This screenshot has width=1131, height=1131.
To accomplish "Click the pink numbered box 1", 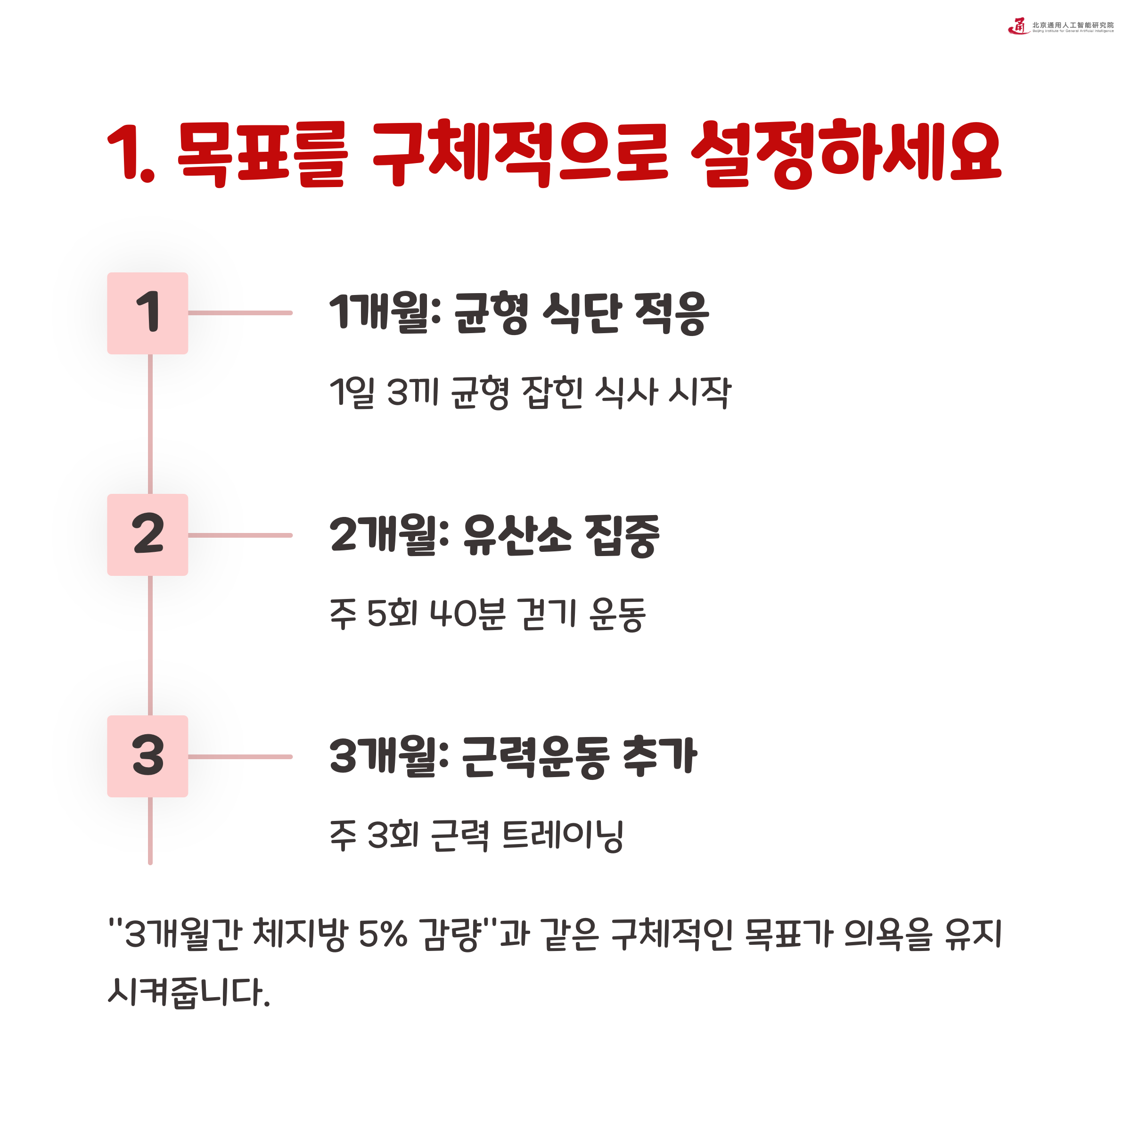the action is [x=148, y=313].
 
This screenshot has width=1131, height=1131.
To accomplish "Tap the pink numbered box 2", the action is [x=148, y=534].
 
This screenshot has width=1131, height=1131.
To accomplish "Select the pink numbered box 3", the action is [x=148, y=756].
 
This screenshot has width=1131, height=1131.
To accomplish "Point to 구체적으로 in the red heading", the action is [x=520, y=153].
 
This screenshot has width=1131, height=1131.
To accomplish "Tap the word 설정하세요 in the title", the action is [x=846, y=153].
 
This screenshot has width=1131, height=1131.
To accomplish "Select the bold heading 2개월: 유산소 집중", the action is [x=495, y=534].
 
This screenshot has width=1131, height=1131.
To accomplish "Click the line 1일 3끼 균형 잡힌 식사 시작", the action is [x=530, y=392].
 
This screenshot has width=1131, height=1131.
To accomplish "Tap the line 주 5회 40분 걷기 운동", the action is [x=488, y=614].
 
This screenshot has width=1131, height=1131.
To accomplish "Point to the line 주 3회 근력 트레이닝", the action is [x=476, y=836].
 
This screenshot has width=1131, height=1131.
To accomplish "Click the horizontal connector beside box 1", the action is [x=240, y=313].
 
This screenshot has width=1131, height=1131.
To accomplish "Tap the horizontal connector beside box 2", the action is [x=240, y=535].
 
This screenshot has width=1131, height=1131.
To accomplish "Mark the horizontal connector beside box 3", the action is [x=240, y=756].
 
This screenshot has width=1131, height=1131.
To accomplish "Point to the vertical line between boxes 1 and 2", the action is [x=150, y=424].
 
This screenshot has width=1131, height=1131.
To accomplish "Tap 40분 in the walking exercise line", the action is [x=467, y=614].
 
